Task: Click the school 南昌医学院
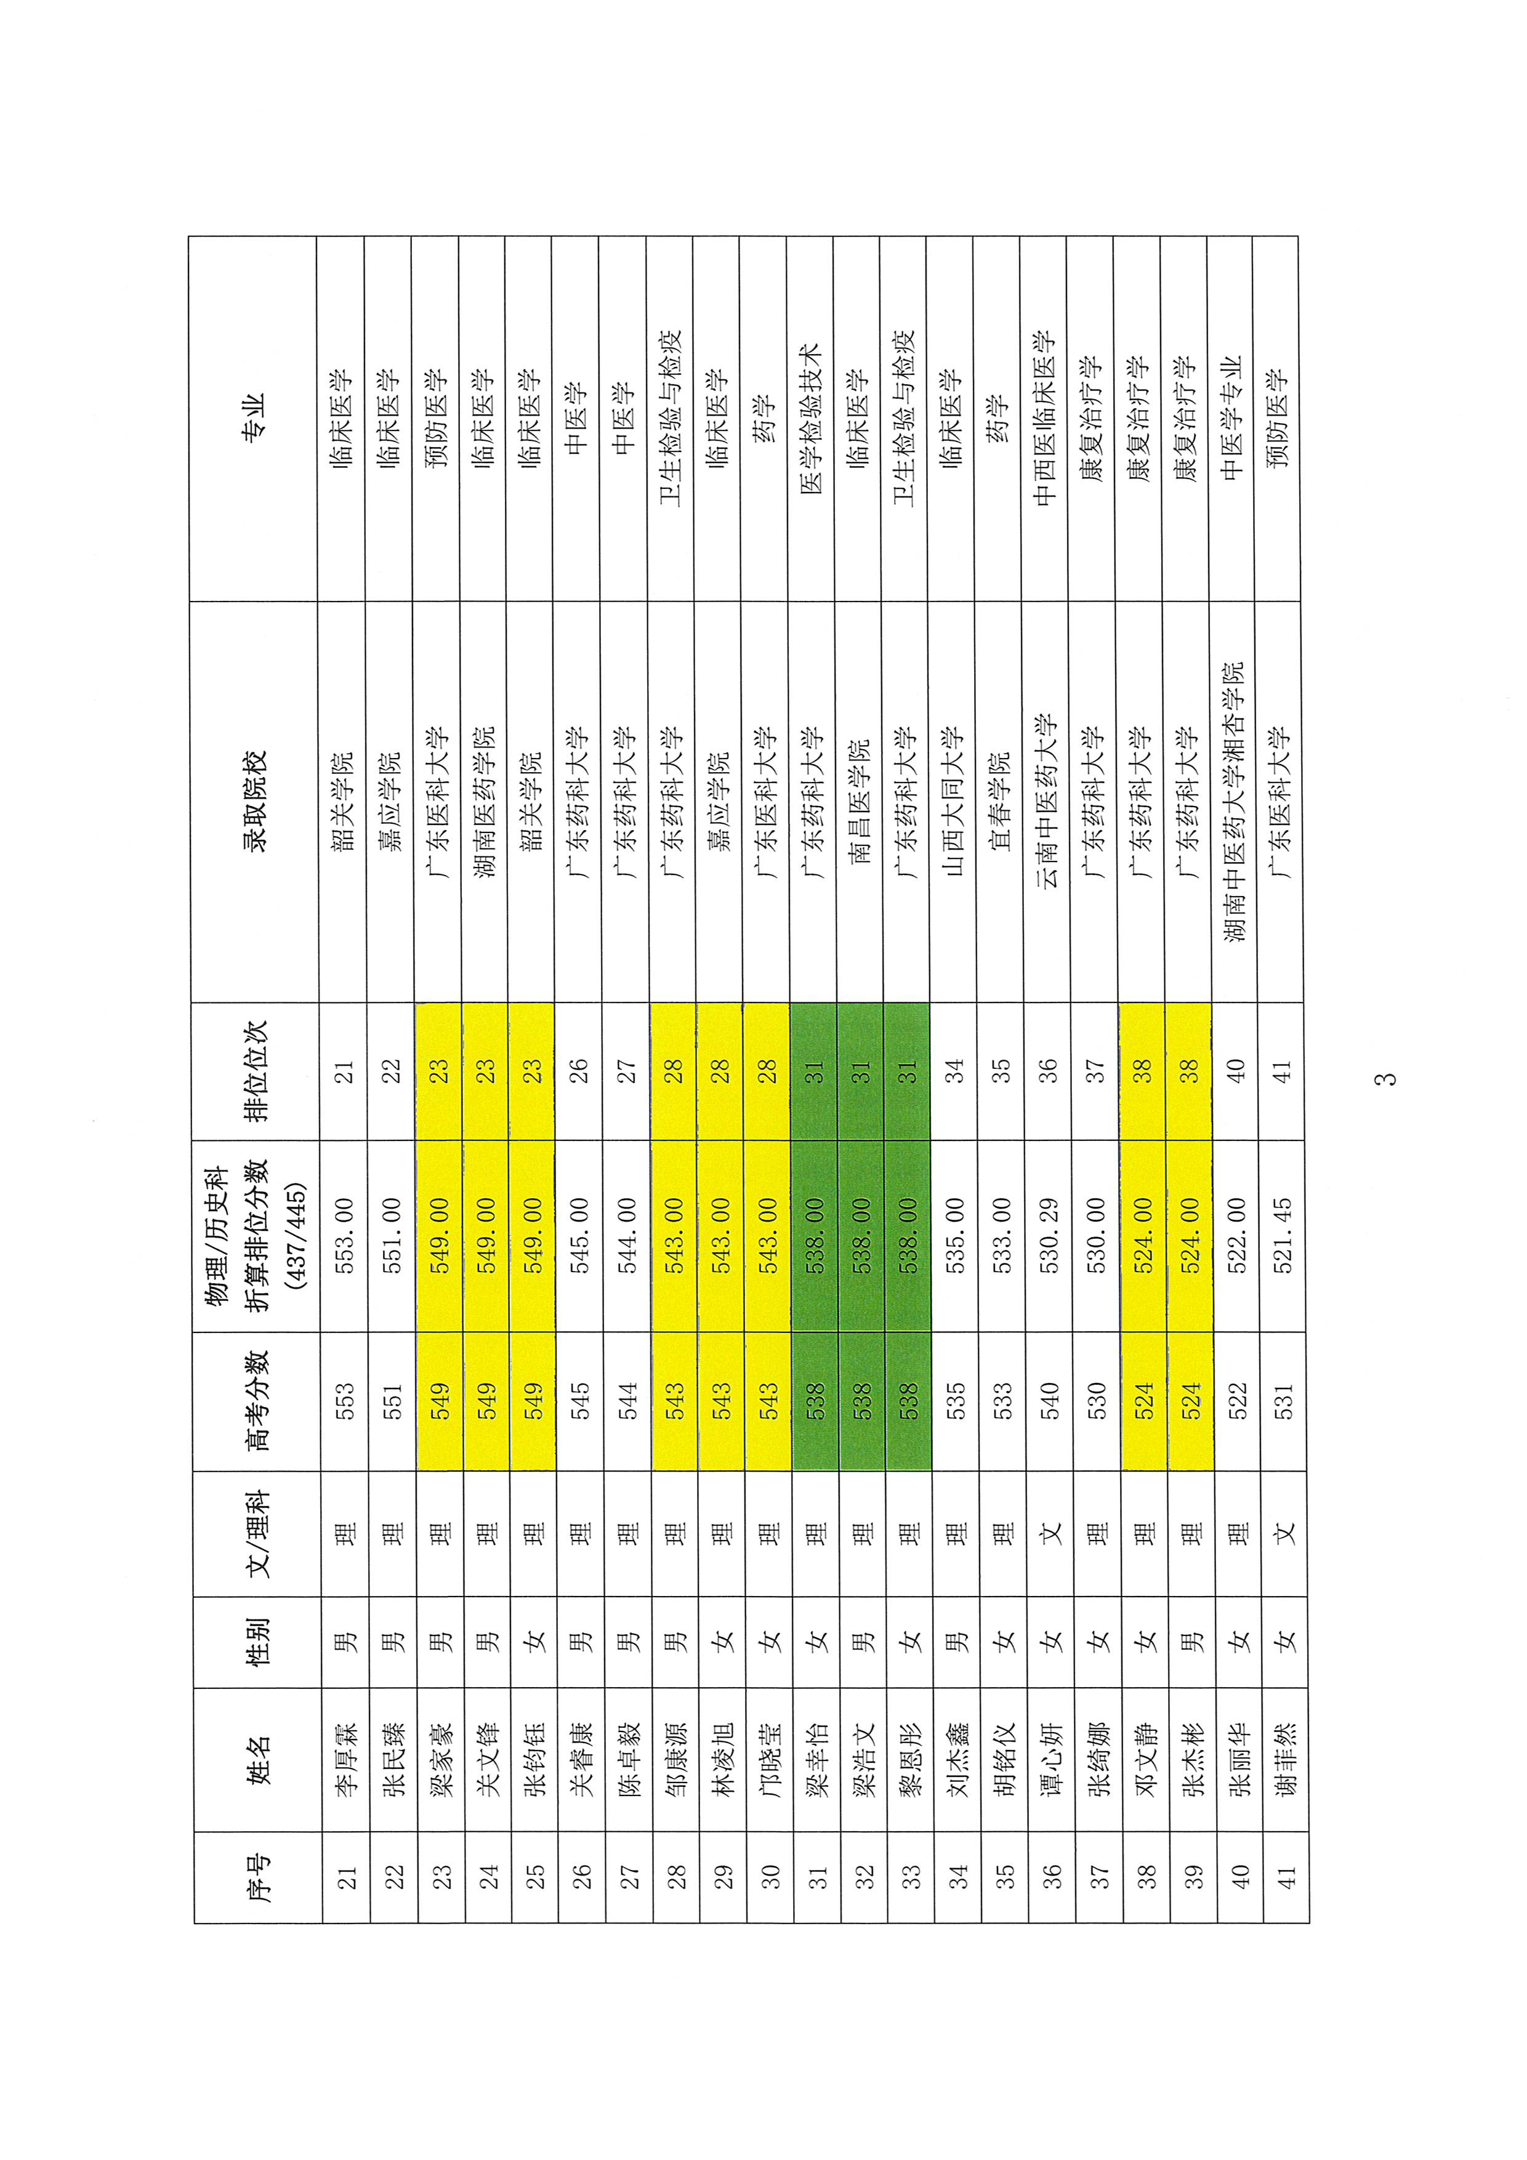pyautogui.click(x=860, y=802)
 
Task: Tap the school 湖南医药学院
pyautogui.click(x=485, y=802)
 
